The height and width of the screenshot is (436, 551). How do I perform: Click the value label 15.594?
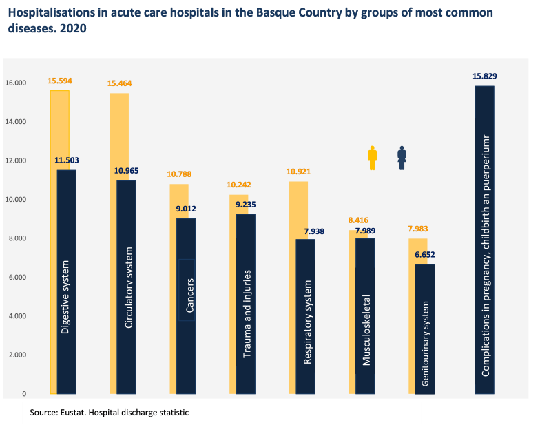pos(59,81)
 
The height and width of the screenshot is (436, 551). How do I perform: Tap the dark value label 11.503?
pos(67,160)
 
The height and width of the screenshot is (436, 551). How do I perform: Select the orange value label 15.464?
pos(119,83)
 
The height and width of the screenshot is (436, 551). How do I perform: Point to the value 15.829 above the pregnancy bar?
pos(485,76)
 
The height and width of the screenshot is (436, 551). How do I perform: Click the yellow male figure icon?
pos(373,158)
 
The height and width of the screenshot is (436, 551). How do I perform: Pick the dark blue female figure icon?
pos(402,158)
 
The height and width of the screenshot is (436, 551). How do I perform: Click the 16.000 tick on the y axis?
pos(15,83)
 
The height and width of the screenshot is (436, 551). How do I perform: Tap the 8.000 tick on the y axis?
pos(15,238)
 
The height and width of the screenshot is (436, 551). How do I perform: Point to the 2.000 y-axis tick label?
pos(15,355)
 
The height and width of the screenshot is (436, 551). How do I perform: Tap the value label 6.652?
pos(424,255)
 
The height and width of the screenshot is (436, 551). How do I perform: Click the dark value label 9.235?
pos(246,204)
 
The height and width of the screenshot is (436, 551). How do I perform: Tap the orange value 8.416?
pos(359,220)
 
